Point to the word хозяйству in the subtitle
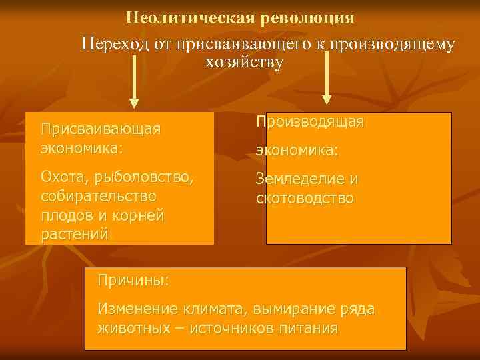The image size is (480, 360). (x=245, y=63)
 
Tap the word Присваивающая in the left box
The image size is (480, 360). (x=100, y=128)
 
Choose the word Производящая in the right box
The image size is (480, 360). (x=310, y=122)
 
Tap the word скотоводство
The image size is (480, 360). (x=305, y=199)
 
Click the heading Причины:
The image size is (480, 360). (x=133, y=280)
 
